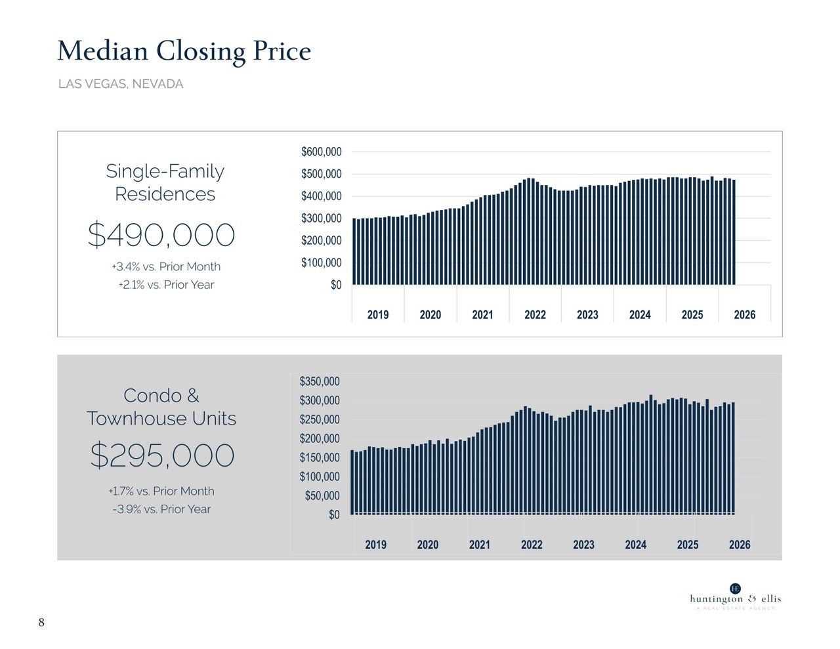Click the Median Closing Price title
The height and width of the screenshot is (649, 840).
pos(184,52)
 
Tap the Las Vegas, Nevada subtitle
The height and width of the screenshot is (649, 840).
pos(121,84)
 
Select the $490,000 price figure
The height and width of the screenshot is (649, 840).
pos(161,235)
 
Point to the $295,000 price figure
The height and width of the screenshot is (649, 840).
pos(162,455)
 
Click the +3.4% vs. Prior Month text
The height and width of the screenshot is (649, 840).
pos(166,266)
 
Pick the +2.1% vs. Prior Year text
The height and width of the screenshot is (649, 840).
pos(166,285)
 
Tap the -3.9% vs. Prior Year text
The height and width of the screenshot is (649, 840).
pos(161,509)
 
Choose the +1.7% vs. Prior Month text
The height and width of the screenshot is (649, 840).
pos(161,492)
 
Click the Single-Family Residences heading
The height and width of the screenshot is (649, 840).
pos(165,182)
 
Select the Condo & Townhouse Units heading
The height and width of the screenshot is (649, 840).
pos(161,407)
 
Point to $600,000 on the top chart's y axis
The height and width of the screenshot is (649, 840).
pos(321,152)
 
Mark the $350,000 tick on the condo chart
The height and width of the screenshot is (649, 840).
pos(320,381)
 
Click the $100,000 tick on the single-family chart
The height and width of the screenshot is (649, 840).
pos(321,263)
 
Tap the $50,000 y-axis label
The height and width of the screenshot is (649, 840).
pos(322,496)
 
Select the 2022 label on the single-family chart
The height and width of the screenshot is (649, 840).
pos(535,315)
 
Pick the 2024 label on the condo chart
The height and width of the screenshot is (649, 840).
pos(635,545)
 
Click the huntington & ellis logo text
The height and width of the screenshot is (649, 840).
pos(736,599)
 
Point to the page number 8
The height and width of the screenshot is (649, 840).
pos(41,622)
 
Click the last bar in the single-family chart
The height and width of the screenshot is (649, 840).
pos(733,232)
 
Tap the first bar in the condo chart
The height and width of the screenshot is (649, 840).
pos(352,482)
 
